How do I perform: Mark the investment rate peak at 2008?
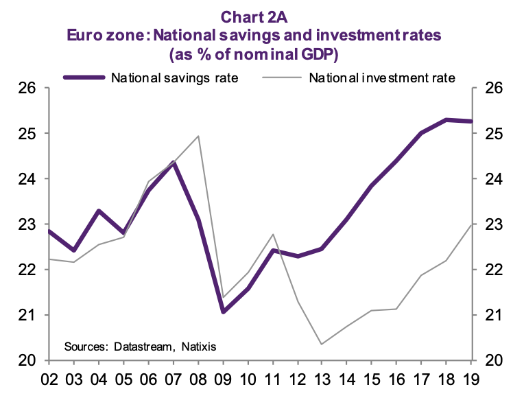coord(198,136)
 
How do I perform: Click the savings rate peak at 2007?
coord(174,163)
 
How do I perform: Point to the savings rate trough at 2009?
coord(223,312)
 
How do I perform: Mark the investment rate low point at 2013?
coord(322,344)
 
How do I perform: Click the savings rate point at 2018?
coord(446,120)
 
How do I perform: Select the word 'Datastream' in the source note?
coord(142,347)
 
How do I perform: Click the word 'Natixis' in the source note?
coord(198,347)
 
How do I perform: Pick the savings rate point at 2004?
coord(99,211)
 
